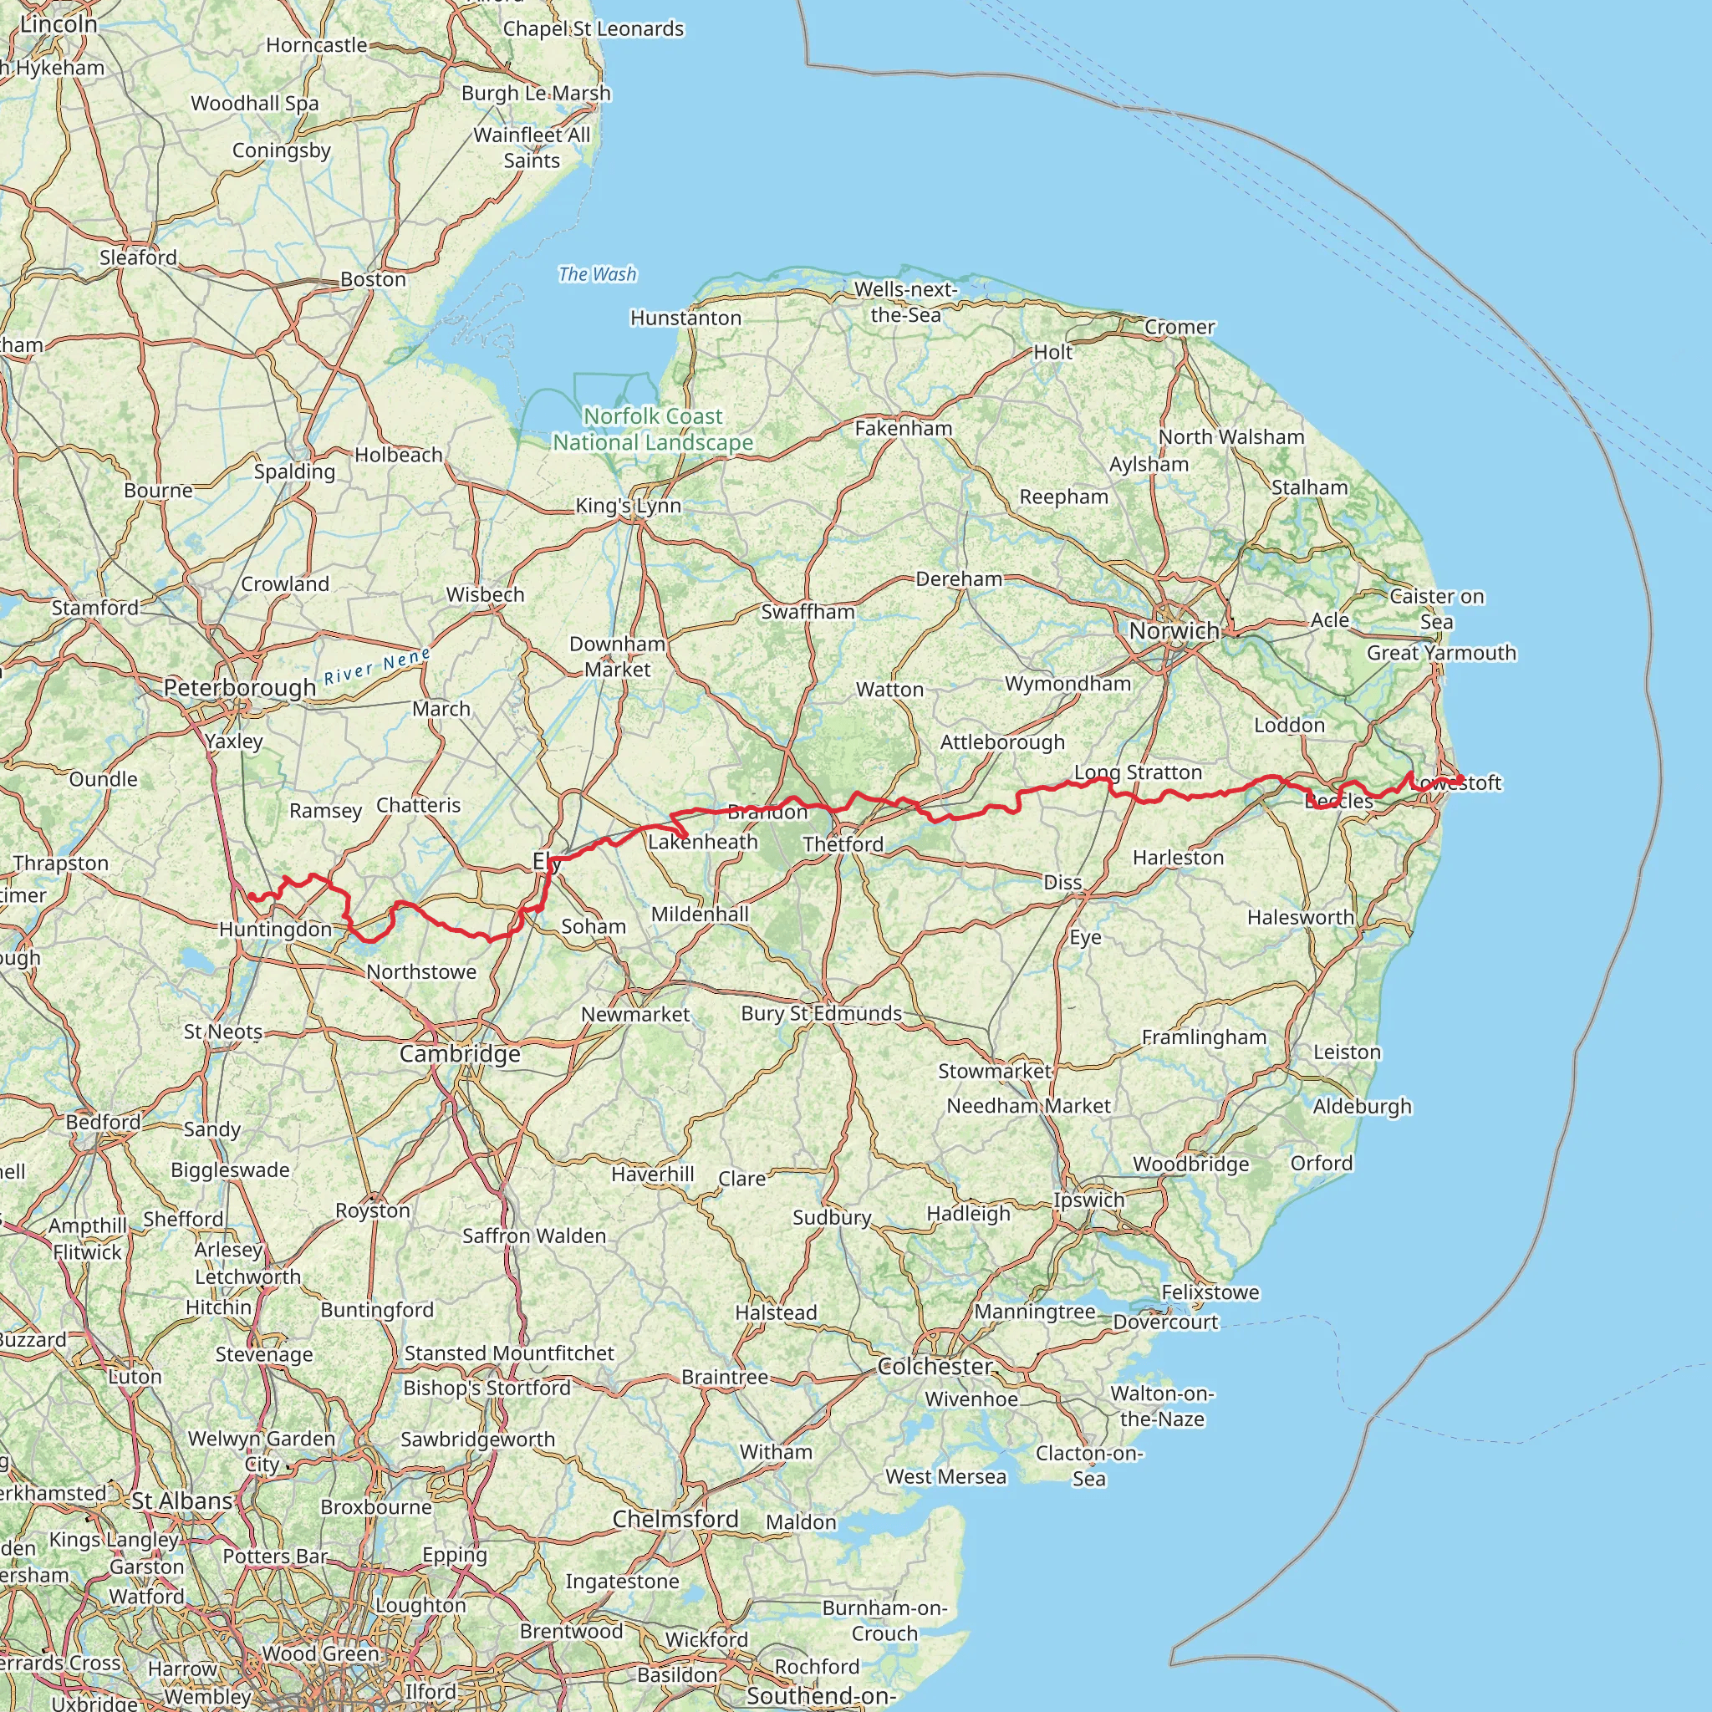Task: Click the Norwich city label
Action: (1174, 631)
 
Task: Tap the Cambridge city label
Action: (460, 1053)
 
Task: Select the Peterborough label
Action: (239, 688)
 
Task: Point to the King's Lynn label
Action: (629, 506)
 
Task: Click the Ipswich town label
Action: (1089, 1200)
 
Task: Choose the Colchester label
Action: (935, 1367)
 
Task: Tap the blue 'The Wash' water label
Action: (597, 275)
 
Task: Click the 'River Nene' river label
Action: (378, 666)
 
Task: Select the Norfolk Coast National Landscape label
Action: (653, 429)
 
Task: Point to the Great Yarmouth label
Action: (1442, 653)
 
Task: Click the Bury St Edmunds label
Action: (822, 1013)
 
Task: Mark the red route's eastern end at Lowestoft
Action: (1460, 779)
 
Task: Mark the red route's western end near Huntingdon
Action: (251, 896)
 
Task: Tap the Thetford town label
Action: (843, 844)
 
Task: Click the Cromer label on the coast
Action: (1180, 327)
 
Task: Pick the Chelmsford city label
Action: (675, 1519)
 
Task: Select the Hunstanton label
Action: (685, 318)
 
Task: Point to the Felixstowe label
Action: (1210, 1292)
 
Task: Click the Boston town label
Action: (373, 279)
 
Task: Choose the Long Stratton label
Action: (1138, 772)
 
